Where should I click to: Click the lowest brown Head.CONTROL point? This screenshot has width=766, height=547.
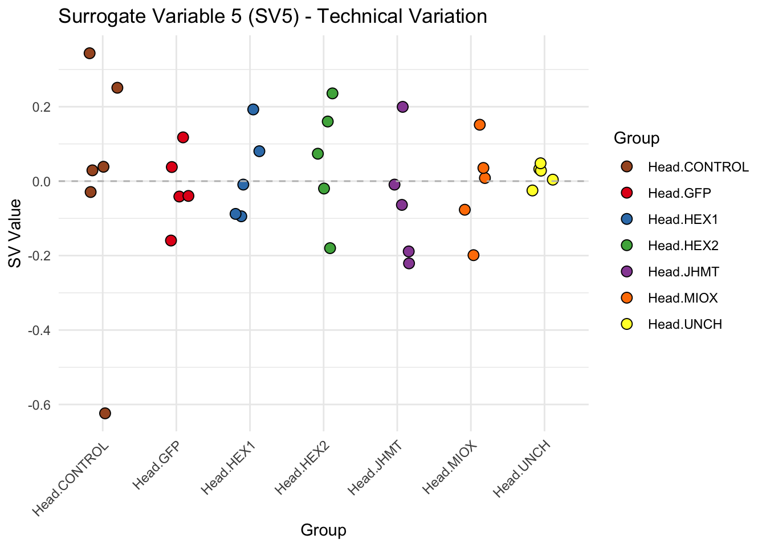pos(105,413)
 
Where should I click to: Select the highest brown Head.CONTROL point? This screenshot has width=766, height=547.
pos(89,54)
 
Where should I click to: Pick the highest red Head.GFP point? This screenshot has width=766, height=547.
pos(183,137)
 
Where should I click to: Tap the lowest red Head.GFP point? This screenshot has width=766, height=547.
pos(171,240)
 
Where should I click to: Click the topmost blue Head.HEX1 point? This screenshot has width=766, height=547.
pos(254,109)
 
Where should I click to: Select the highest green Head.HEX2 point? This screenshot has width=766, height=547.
pos(333,93)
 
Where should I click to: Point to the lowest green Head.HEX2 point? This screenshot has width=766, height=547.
pos(330,248)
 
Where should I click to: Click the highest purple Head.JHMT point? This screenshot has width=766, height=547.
pos(403,107)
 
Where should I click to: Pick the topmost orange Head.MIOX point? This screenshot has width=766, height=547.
pos(480,125)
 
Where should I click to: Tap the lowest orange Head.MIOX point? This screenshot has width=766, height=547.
pos(474,255)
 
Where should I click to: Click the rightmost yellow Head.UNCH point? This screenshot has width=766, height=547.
pos(553,180)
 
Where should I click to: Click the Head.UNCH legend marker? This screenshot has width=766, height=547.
pos(627,324)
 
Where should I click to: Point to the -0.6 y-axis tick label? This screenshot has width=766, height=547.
pos(39,405)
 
